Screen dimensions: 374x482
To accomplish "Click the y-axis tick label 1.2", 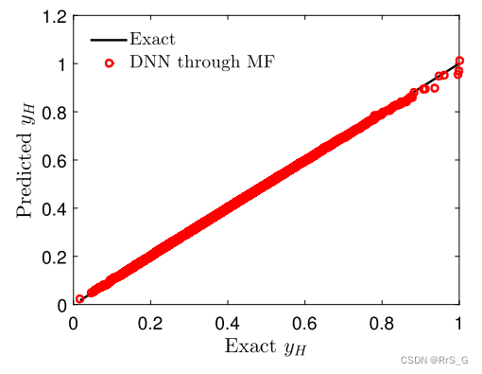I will click(53, 17).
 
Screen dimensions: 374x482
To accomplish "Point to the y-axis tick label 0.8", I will click(53, 113).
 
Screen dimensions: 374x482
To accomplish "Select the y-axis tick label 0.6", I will click(53, 161).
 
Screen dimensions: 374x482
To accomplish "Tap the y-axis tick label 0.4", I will click(53, 209).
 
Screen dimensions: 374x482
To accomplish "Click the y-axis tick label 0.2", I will click(53, 258).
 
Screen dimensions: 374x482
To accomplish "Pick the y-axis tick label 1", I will click(60, 64).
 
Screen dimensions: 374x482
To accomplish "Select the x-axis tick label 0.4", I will click(228, 323).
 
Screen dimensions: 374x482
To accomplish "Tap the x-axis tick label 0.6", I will click(305, 323).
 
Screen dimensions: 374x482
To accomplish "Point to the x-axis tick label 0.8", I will click(382, 323).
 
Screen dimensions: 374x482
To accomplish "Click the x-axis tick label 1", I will click(459, 323).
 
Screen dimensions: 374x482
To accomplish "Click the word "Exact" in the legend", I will click(153, 40).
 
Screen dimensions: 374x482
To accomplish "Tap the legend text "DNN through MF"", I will click(207, 62).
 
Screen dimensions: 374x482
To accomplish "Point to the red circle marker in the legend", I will click(109, 63).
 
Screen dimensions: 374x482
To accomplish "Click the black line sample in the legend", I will click(109, 41).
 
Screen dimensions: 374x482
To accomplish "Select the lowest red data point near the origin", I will click(79, 299).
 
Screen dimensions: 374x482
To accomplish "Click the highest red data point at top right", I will click(459, 61).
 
